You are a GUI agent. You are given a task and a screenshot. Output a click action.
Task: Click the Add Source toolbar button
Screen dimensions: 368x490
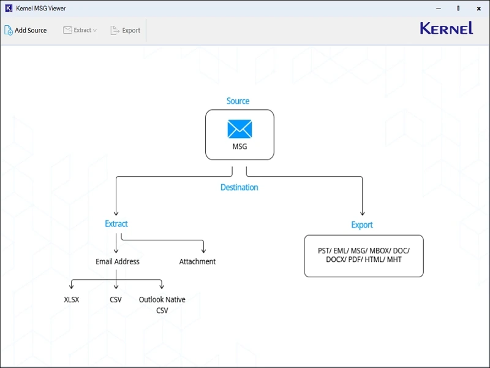click(x=26, y=30)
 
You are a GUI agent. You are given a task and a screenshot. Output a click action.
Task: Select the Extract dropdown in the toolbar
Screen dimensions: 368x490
click(x=80, y=30)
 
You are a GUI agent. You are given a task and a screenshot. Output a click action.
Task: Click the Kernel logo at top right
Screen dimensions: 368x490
click(x=446, y=28)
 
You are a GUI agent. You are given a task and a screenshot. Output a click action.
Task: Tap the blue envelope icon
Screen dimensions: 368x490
click(x=239, y=129)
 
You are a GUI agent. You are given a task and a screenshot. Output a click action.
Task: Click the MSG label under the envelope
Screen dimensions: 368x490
click(x=239, y=147)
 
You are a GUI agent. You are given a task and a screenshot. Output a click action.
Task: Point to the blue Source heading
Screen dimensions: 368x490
click(x=238, y=101)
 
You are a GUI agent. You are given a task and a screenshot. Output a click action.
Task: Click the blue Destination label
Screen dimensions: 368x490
click(x=239, y=188)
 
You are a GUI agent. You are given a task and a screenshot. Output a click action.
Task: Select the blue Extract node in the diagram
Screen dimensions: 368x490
click(x=116, y=224)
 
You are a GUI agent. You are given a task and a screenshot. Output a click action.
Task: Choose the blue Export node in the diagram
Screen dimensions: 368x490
click(x=362, y=225)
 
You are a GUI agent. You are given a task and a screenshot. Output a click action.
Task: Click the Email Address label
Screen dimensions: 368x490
click(x=118, y=262)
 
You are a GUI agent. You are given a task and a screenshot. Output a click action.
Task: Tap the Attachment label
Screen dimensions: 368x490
click(x=197, y=262)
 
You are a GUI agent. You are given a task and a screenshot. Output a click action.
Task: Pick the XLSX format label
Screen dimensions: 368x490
click(x=72, y=300)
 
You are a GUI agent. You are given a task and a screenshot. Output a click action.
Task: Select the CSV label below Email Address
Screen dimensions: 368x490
click(x=116, y=300)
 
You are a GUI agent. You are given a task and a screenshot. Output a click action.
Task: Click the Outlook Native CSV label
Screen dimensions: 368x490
click(x=162, y=305)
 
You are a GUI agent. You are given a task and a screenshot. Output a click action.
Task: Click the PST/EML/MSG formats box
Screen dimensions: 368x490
click(x=364, y=256)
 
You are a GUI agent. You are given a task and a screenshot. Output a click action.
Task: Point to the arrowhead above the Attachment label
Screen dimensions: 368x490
click(x=203, y=250)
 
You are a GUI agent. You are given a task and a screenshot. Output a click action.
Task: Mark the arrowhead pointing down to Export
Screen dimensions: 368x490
click(x=362, y=212)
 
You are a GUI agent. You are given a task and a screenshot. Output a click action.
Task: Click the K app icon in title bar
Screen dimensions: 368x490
click(x=9, y=9)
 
